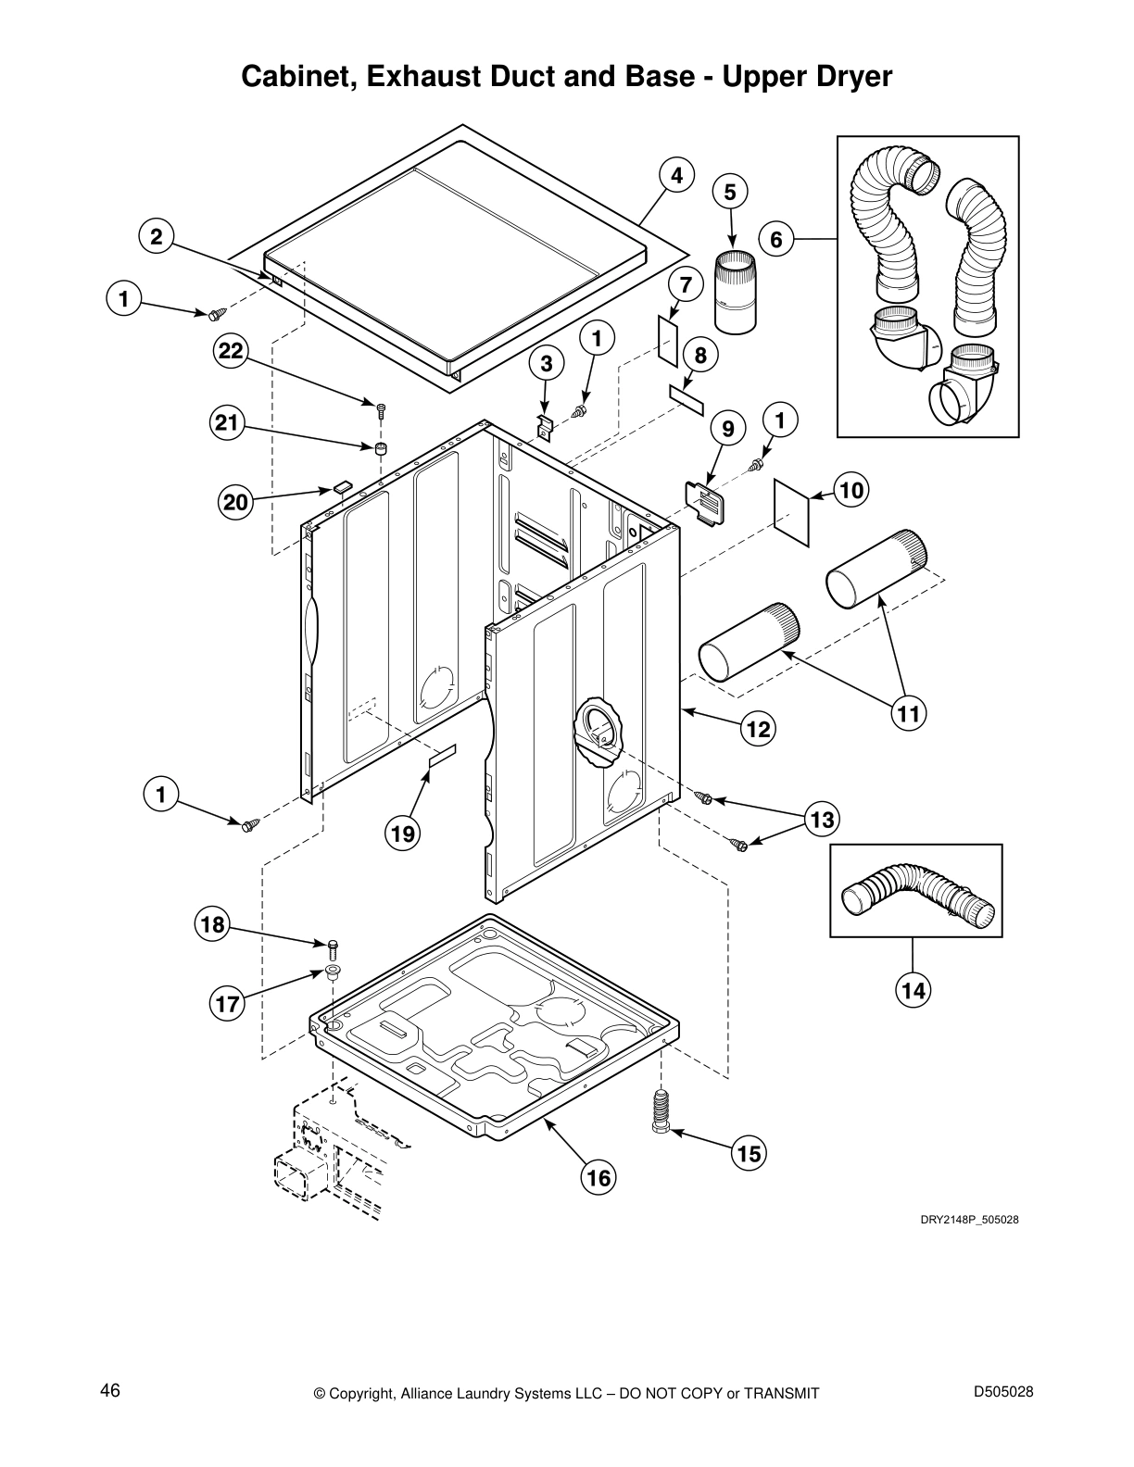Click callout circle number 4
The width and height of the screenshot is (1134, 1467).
point(677,175)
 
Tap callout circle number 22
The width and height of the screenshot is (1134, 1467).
point(231,351)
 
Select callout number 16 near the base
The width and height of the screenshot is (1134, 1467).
point(598,1177)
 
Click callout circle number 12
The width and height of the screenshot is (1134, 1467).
point(758,729)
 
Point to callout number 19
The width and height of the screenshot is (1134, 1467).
point(402,834)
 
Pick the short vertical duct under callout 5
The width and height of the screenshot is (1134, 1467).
point(737,293)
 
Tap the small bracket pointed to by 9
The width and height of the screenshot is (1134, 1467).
point(706,504)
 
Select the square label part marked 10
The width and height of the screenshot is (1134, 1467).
point(792,511)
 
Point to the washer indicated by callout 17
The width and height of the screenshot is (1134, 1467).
point(330,972)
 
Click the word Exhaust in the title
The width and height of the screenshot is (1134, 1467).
point(422,76)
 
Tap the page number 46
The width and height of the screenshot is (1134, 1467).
point(110,1390)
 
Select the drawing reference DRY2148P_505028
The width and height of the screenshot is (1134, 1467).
point(969,1220)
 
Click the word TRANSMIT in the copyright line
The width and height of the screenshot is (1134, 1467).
point(775,1393)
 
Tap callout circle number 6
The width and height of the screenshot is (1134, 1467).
point(776,240)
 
